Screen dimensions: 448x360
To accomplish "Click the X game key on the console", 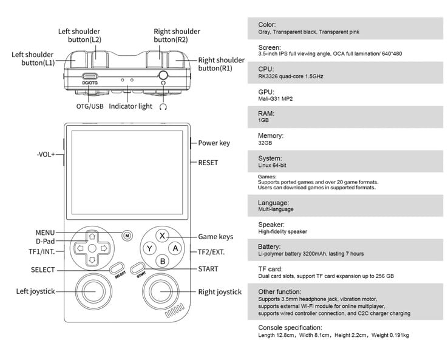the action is [162, 236].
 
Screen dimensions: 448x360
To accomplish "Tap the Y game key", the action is [149, 248].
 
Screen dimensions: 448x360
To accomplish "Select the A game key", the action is [175, 248].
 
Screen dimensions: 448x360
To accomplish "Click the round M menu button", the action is [127, 236].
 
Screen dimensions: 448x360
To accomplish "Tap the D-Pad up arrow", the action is [92, 237].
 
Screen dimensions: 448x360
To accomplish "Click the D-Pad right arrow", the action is [104, 248].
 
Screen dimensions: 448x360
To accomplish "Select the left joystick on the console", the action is [93, 292].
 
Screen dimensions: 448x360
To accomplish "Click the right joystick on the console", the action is [161, 292].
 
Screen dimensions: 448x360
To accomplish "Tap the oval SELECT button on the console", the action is [117, 268].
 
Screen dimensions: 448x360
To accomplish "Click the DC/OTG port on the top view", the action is [90, 76].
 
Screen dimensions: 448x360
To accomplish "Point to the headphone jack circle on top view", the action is [163, 75].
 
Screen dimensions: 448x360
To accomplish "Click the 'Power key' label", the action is [214, 143].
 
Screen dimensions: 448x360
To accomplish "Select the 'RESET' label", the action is [208, 163].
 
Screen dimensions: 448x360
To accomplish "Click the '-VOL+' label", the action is [46, 155].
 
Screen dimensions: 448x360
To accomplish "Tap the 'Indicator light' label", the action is [131, 106].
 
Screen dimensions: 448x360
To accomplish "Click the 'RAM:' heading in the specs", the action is [266, 114].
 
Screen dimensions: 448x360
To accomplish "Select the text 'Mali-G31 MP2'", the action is [276, 99].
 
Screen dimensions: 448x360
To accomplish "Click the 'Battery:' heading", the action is [269, 246].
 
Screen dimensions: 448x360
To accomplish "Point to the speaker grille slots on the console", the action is [175, 310].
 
